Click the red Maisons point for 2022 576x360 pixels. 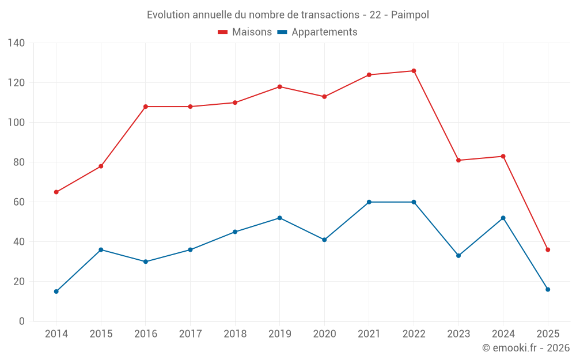pos(414,71)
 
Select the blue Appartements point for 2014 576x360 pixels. pos(56,291)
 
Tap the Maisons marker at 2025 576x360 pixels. pos(548,250)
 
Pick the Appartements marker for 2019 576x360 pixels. pos(280,218)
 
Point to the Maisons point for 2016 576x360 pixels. pos(146,107)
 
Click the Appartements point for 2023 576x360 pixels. pos(458,256)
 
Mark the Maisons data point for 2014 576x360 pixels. pos(56,192)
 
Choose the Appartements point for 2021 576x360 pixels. pos(369,202)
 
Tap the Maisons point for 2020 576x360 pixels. pos(324,97)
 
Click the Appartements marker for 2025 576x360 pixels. pos(548,290)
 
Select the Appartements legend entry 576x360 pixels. pos(317,32)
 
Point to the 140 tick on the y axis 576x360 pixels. pos(17,43)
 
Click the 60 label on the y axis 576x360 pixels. pos(19,202)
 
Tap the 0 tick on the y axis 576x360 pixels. pos(22,321)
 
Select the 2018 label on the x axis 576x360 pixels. pos(235,334)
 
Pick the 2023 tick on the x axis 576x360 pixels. pos(458,334)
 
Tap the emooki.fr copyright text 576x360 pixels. pos(526,348)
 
